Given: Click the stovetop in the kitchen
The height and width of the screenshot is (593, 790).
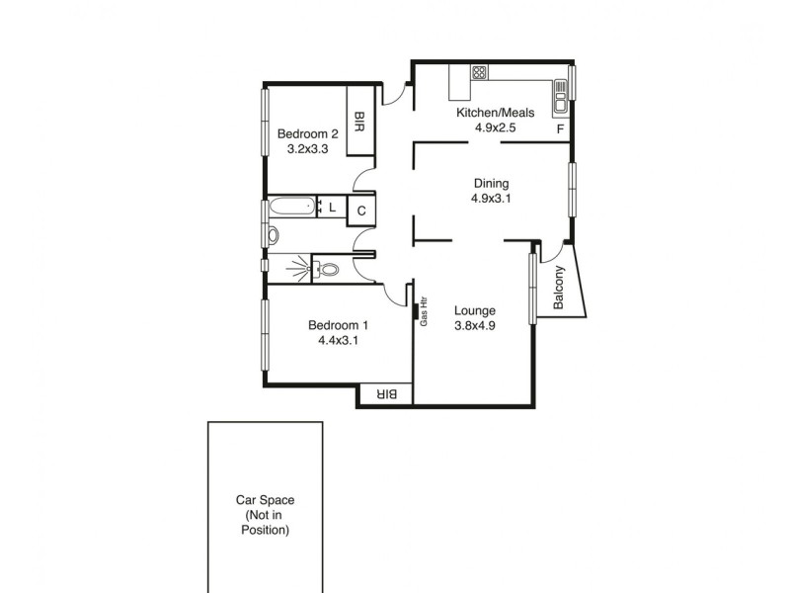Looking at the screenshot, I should tap(480, 72).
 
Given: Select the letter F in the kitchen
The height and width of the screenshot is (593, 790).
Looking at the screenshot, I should tap(560, 129).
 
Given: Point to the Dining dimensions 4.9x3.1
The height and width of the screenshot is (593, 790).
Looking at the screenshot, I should tap(491, 198).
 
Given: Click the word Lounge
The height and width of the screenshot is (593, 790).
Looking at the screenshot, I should tap(475, 310).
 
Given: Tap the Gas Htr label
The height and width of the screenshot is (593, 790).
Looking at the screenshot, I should tap(424, 311).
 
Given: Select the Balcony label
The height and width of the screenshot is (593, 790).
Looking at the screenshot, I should tap(559, 290).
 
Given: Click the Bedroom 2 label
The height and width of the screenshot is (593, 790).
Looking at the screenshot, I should tap(308, 134).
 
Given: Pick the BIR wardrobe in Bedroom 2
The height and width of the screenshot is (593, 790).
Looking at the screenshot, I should tap(359, 122).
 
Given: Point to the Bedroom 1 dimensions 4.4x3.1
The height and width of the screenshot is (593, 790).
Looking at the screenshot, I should tap(338, 341).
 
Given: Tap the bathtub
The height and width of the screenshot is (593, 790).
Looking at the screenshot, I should tap(292, 208).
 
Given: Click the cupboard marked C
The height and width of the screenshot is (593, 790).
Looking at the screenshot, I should tap(361, 211).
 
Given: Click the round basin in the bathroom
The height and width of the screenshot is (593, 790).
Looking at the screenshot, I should tap(274, 236).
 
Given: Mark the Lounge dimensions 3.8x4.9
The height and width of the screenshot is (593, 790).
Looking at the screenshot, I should tap(475, 326).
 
